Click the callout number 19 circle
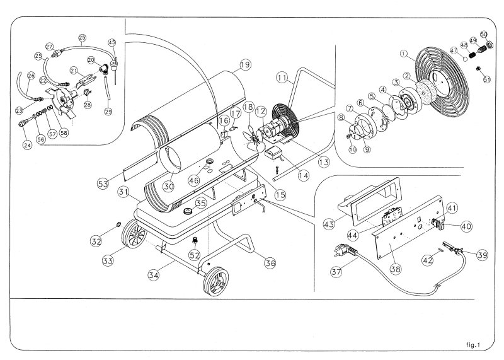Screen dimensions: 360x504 point(245,64)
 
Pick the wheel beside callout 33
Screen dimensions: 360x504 point(134,239)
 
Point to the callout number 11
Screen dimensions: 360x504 point(282,78)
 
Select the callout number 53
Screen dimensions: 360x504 point(103,183)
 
